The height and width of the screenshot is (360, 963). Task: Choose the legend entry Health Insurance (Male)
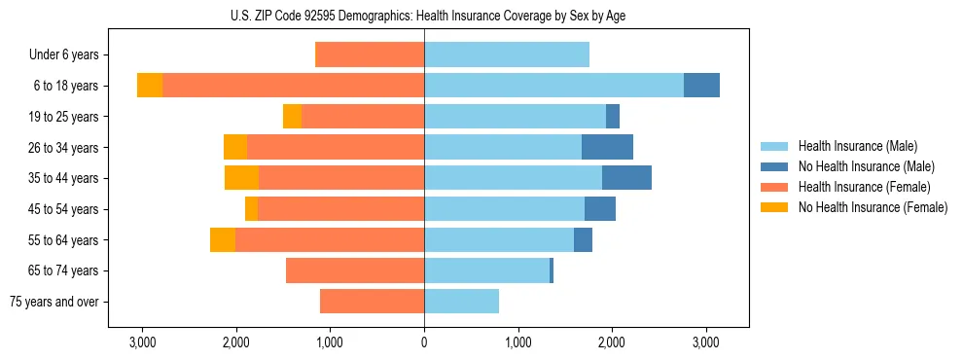pyautogui.click(x=857, y=146)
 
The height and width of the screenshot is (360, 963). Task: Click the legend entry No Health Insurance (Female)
pyautogui.click(x=873, y=207)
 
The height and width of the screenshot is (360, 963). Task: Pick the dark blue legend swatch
pyautogui.click(x=776, y=166)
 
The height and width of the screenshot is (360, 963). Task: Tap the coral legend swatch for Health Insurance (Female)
pyautogui.click(x=776, y=187)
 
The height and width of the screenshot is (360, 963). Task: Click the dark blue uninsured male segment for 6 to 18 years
pyautogui.click(x=701, y=86)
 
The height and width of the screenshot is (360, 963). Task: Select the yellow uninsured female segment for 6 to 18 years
pyautogui.click(x=150, y=86)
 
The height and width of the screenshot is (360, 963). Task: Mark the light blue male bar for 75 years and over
pyautogui.click(x=462, y=302)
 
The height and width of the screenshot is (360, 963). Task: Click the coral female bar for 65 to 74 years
pyautogui.click(x=355, y=270)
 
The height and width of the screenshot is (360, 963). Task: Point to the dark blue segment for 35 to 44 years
pyautogui.click(x=626, y=178)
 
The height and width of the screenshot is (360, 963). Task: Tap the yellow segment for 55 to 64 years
pyautogui.click(x=223, y=239)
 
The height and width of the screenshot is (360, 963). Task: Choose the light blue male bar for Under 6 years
pyautogui.click(x=507, y=54)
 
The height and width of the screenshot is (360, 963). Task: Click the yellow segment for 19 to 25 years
pyautogui.click(x=292, y=117)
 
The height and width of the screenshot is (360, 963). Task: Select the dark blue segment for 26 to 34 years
pyautogui.click(x=607, y=147)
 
